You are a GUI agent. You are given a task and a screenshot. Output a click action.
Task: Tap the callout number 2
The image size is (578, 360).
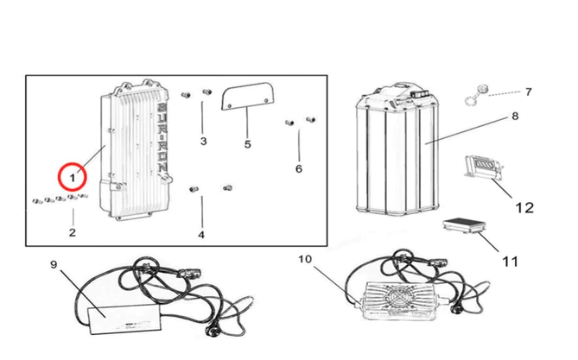72,232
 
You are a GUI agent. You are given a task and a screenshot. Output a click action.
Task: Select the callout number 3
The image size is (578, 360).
203,140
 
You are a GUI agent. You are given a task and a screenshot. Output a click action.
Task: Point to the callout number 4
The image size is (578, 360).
201,234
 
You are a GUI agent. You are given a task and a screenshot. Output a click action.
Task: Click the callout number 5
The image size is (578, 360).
247,143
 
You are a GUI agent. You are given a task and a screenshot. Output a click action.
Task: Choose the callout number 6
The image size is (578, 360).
299,168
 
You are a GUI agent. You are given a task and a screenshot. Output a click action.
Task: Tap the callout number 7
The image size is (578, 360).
528,92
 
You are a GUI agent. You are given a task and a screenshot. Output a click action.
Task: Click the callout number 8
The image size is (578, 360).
514,115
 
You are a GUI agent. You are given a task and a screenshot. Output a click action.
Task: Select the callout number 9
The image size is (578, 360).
53,265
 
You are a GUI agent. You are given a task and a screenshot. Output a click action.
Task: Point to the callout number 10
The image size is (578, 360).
303,258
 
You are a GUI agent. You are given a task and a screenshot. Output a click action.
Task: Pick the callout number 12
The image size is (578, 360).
524,207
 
